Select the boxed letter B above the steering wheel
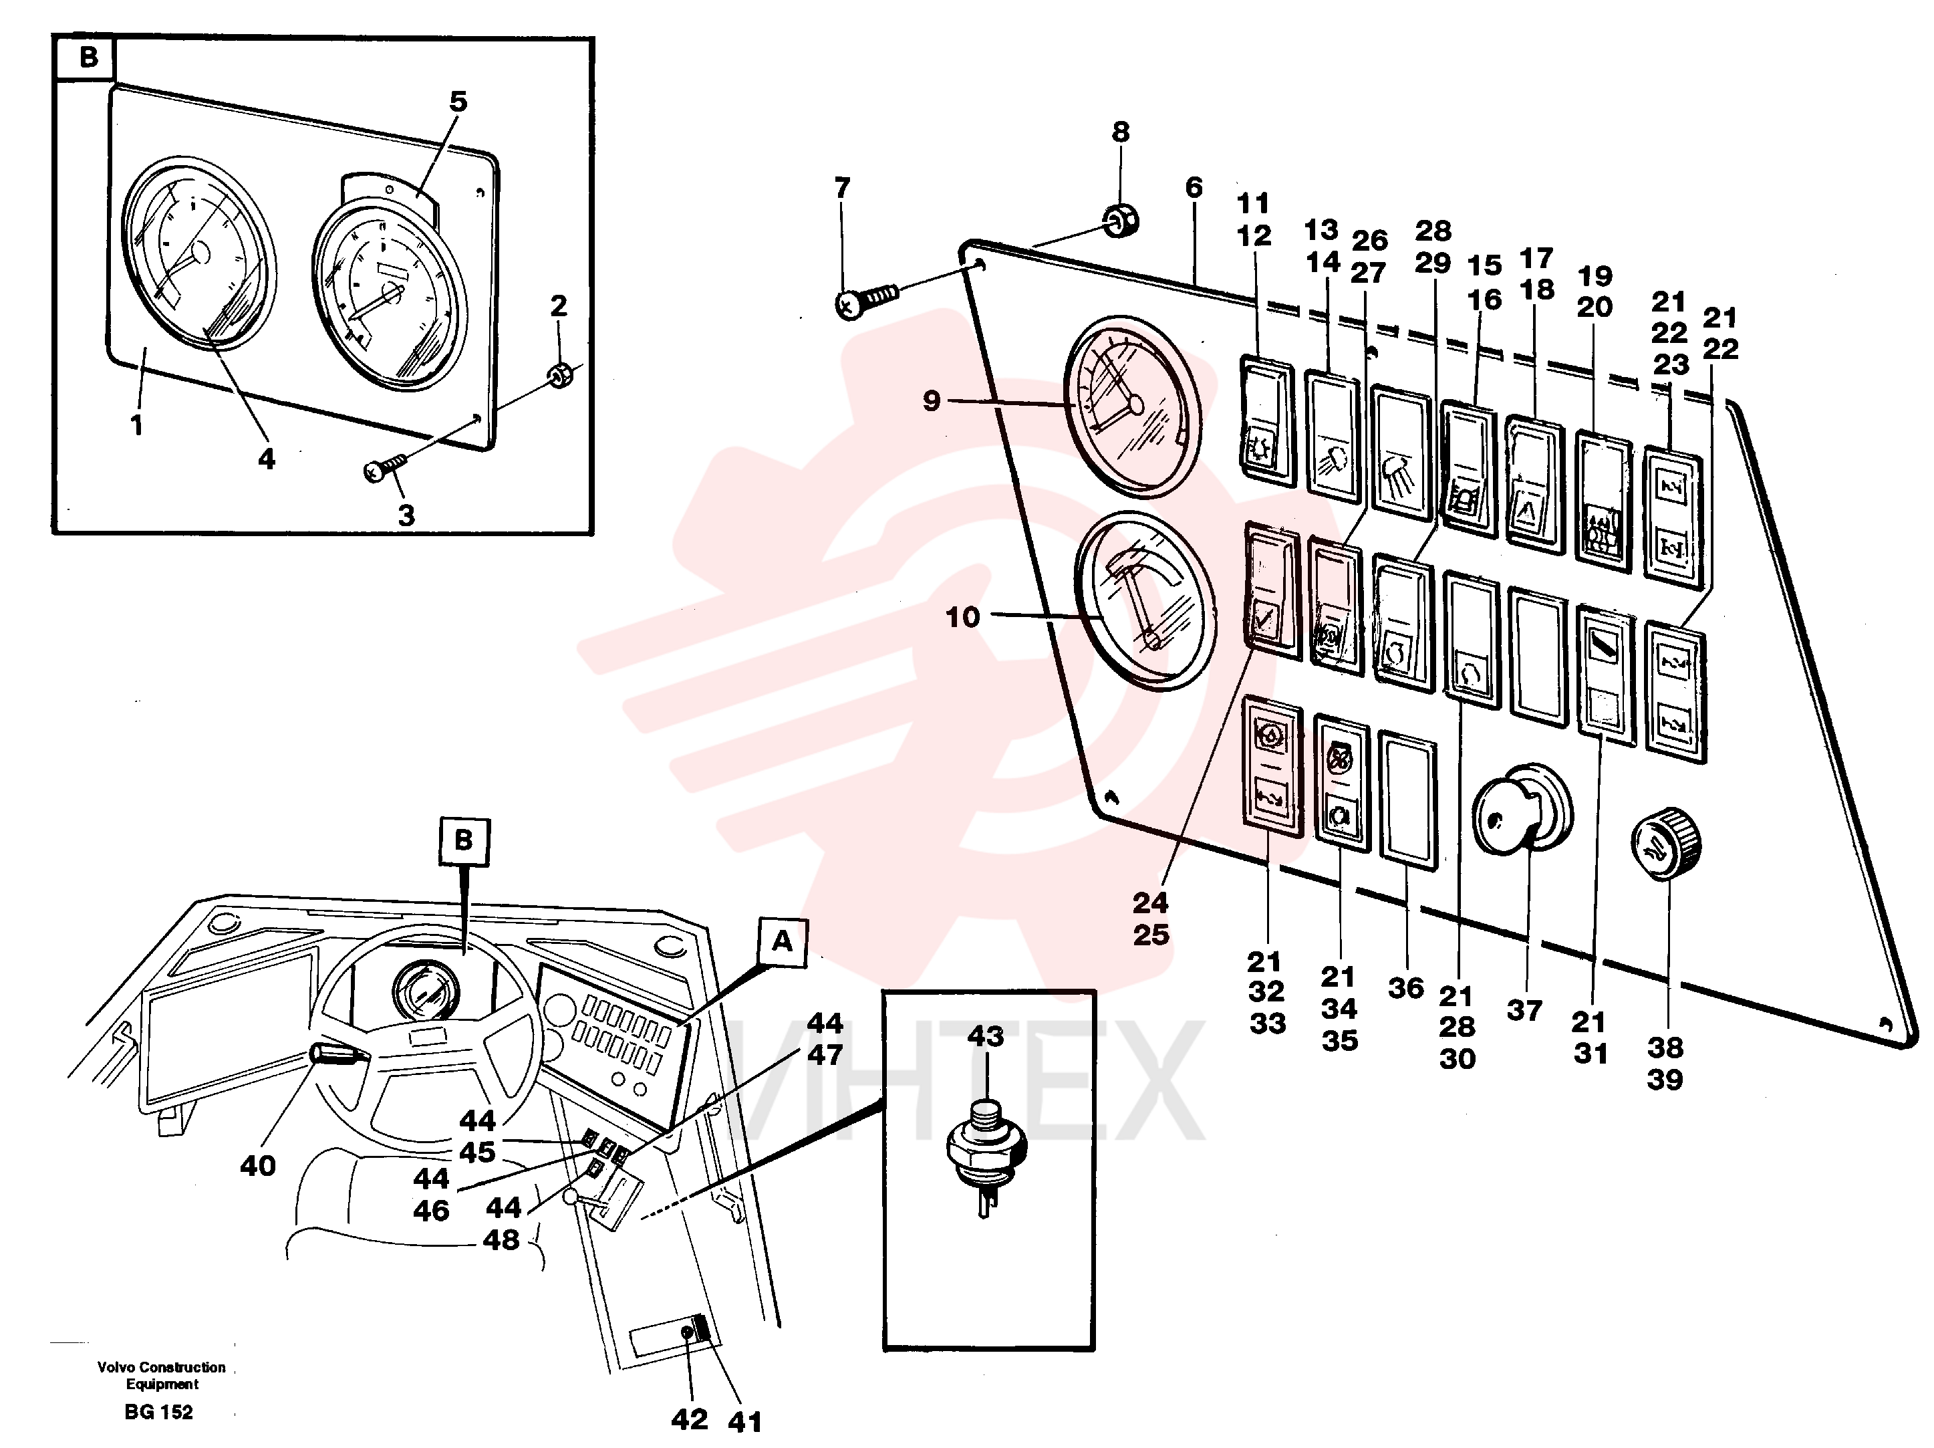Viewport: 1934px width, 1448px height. (463, 841)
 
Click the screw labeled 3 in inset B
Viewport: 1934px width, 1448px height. (386, 466)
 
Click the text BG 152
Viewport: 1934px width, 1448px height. (158, 1411)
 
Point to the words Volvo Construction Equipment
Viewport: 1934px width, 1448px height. (162, 1374)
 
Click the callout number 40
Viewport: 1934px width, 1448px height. (258, 1166)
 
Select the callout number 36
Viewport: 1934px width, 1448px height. (1406, 988)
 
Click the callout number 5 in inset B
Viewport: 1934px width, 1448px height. (458, 102)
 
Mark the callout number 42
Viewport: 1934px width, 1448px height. (689, 1419)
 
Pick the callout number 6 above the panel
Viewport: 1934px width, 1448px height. (1194, 187)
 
